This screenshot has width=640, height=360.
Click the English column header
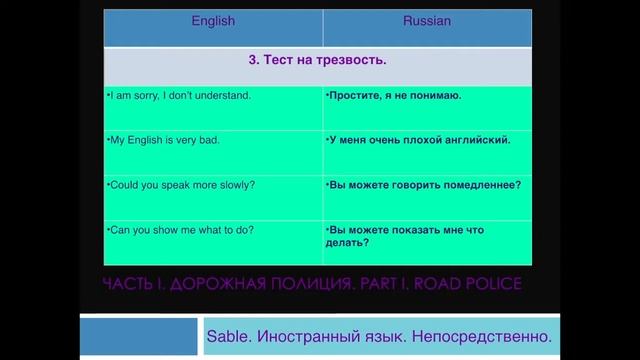coord(212,21)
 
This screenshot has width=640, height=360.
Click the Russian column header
coord(427,21)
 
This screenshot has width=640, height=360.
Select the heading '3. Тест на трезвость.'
coord(317,61)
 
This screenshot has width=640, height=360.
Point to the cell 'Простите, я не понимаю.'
coord(394,96)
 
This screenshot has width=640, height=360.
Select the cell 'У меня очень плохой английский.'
coord(419,140)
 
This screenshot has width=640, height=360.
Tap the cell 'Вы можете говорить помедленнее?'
coord(425,185)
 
